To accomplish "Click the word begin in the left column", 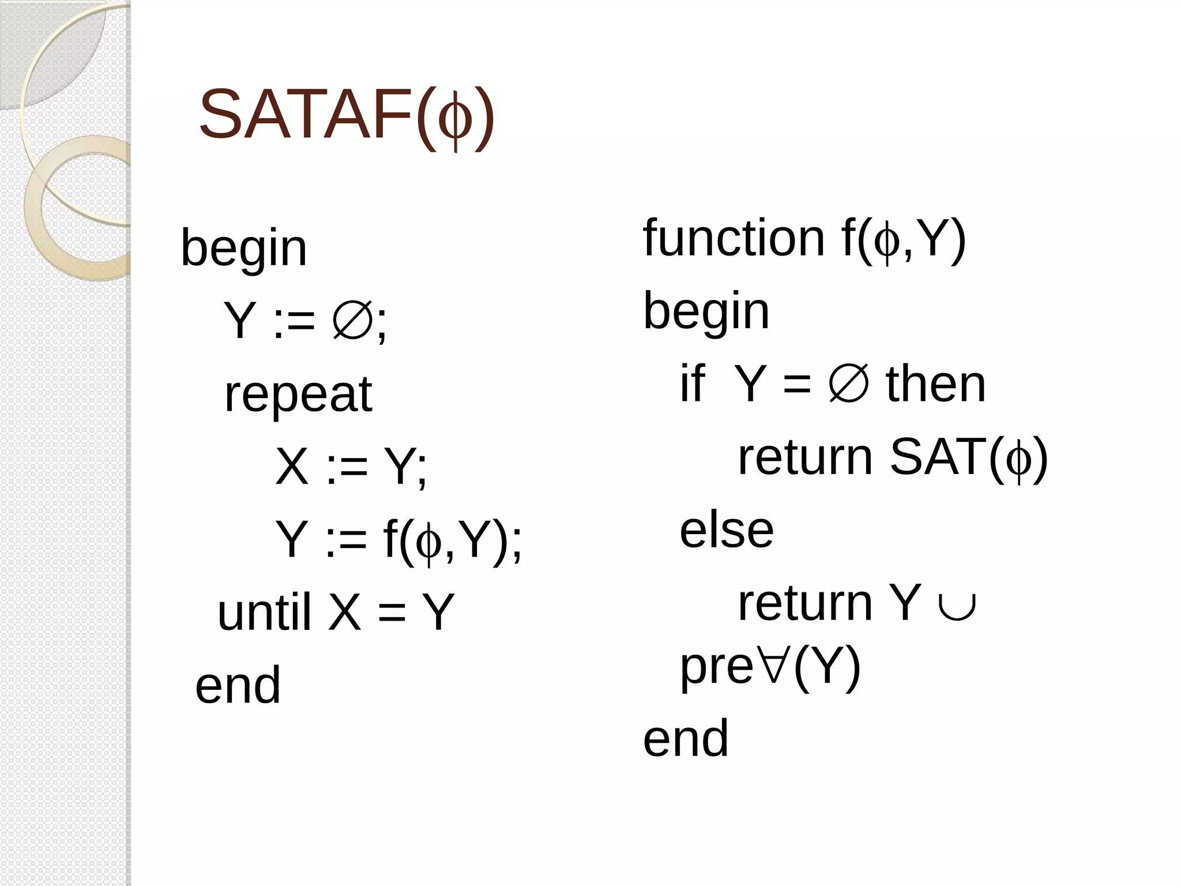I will pyautogui.click(x=244, y=249).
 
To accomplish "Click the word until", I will pyautogui.click(x=265, y=612).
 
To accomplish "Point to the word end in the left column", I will pyautogui.click(x=238, y=685).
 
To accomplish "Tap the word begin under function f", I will pyautogui.click(x=706, y=311).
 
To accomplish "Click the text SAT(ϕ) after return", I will pyautogui.click(x=968, y=457).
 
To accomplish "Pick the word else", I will pyautogui.click(x=726, y=530).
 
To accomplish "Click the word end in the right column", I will pyautogui.click(x=685, y=738).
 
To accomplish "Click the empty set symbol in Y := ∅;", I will pyautogui.click(x=351, y=321).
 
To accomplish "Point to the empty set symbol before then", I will pyautogui.click(x=848, y=385).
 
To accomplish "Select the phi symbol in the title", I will pyautogui.click(x=455, y=118).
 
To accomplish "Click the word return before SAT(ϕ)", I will pyautogui.click(x=805, y=457).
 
